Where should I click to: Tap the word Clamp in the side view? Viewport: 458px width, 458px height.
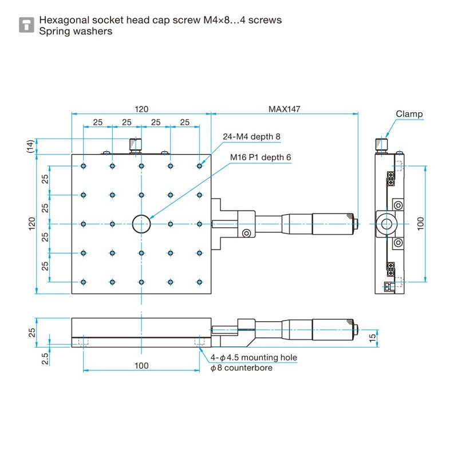click(x=409, y=114)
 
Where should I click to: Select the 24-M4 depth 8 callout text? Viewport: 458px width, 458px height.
click(x=251, y=136)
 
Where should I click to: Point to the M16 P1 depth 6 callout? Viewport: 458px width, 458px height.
click(x=260, y=157)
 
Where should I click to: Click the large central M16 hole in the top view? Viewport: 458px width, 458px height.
click(x=141, y=224)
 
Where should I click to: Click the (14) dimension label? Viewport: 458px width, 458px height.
click(x=30, y=147)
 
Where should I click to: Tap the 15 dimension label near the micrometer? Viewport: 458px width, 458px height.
click(x=373, y=337)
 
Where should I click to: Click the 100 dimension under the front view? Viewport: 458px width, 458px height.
click(x=141, y=365)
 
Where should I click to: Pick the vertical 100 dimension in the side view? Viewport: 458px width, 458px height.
click(x=421, y=223)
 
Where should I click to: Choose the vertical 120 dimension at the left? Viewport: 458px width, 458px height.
click(x=31, y=224)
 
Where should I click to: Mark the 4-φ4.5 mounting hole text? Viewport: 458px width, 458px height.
click(x=254, y=358)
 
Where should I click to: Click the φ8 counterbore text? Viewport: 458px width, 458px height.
click(x=241, y=368)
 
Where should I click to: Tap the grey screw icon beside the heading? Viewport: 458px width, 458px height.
click(x=26, y=25)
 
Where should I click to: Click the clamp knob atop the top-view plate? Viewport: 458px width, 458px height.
click(x=135, y=145)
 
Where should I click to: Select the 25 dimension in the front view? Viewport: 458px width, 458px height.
click(x=31, y=331)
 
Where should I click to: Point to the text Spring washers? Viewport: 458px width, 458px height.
click(x=75, y=31)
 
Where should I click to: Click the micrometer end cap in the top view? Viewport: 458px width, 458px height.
click(x=356, y=223)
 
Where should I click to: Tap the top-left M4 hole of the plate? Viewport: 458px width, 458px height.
click(x=84, y=166)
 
